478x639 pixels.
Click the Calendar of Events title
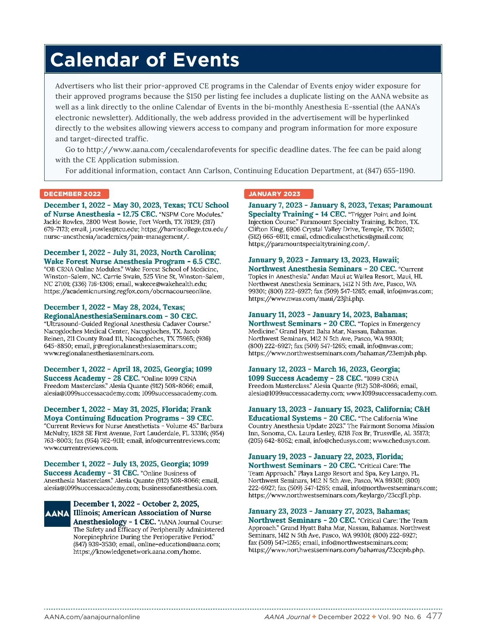(x=145, y=60)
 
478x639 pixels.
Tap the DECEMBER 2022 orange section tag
(x=72, y=194)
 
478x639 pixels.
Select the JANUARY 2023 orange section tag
(x=274, y=194)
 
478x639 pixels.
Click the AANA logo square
(x=57, y=514)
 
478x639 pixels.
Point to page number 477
(x=434, y=616)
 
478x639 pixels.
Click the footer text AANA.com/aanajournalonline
(x=92, y=617)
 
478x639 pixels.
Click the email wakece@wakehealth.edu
(x=171, y=284)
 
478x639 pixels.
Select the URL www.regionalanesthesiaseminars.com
(x=99, y=353)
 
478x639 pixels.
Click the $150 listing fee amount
(x=194, y=96)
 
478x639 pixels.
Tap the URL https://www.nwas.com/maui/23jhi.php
(x=306, y=299)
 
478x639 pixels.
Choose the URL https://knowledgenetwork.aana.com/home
(x=137, y=552)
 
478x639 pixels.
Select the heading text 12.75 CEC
(x=139, y=214)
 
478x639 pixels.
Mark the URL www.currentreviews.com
(x=81, y=448)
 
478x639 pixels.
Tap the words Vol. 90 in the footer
(x=390, y=617)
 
